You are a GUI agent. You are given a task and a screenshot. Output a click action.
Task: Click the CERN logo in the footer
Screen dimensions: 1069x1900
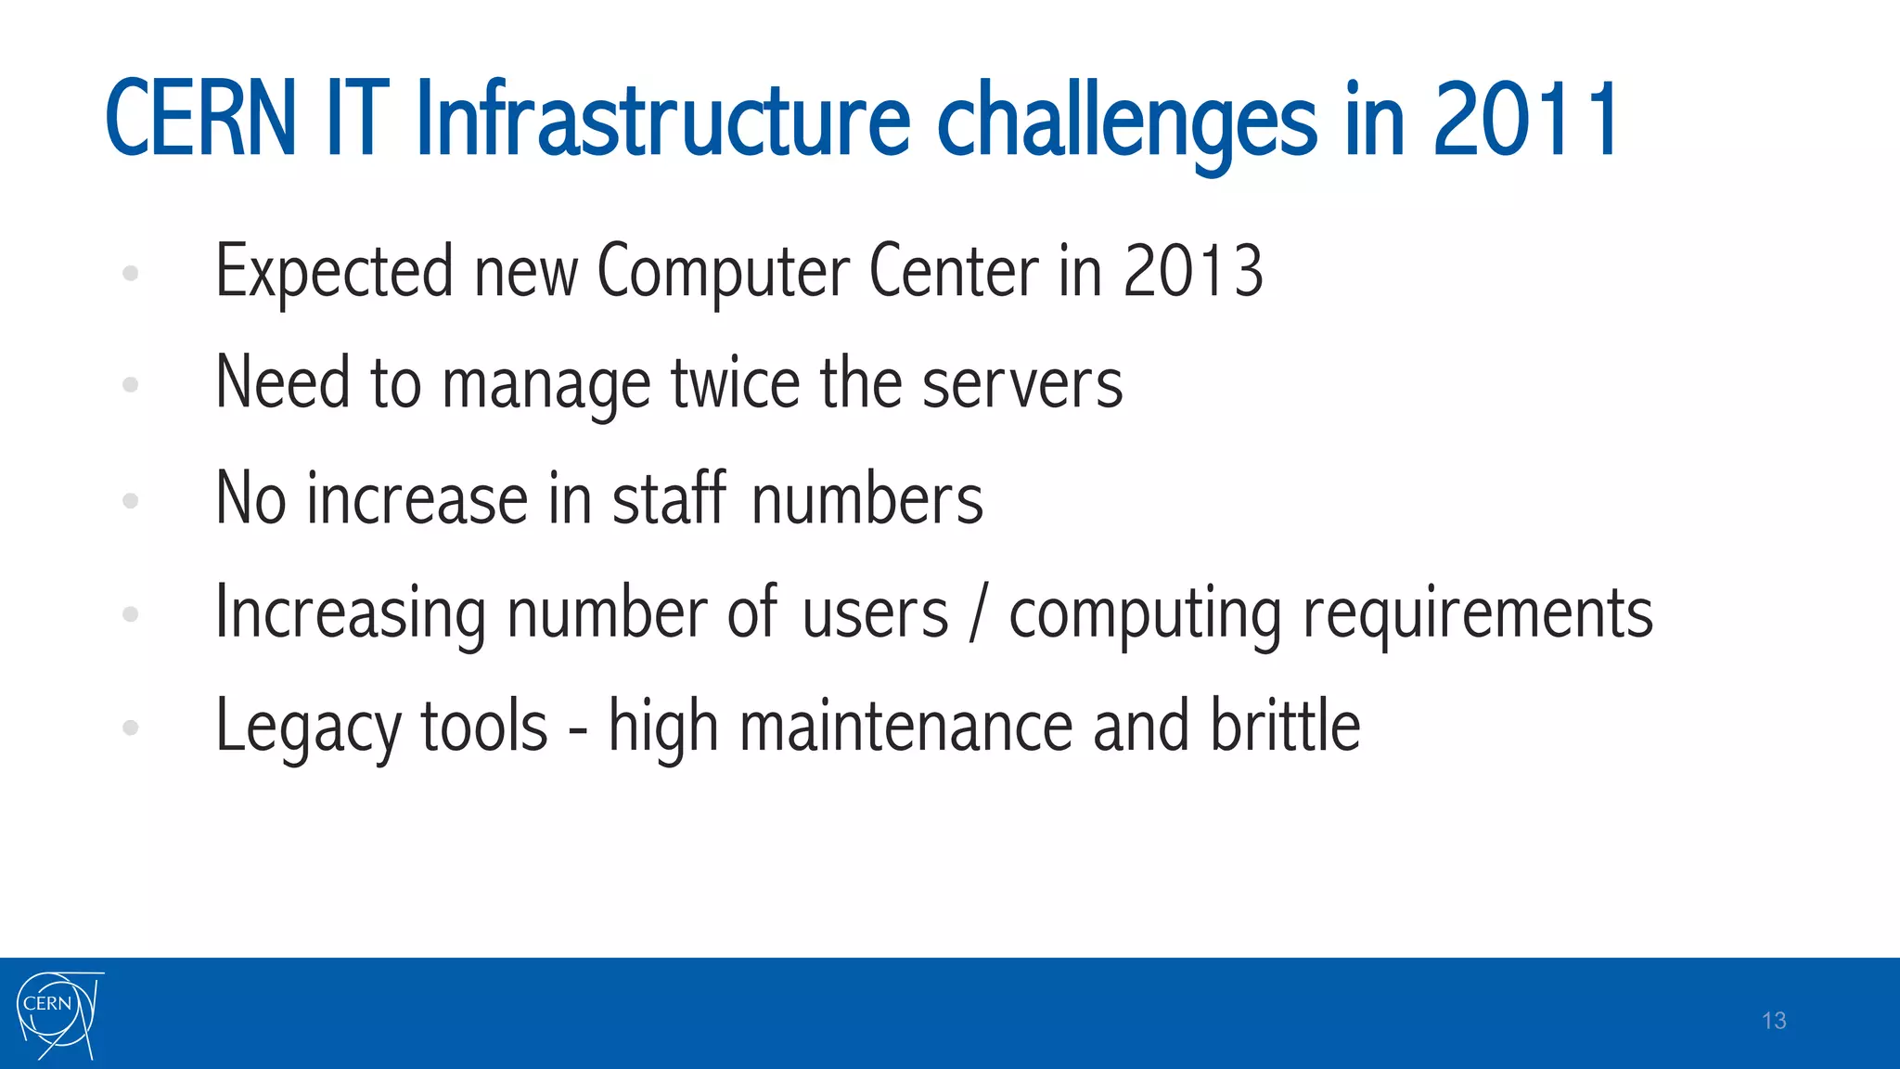point(58,1014)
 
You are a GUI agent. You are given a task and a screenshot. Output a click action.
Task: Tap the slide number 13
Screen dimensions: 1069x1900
point(1773,1021)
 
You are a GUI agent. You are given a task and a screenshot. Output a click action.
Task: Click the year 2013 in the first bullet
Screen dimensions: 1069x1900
point(1192,271)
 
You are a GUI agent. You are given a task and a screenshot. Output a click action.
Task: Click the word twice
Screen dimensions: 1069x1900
point(735,383)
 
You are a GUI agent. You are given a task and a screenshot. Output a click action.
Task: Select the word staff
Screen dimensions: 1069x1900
point(669,498)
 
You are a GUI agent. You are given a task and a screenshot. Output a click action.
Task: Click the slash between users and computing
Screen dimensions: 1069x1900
point(977,612)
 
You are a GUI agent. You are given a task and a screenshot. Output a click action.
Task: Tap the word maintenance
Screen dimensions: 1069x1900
point(905,727)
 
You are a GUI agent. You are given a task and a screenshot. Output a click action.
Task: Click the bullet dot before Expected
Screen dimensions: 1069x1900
point(131,273)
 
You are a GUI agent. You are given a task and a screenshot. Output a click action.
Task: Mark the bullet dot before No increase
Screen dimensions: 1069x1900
point(131,501)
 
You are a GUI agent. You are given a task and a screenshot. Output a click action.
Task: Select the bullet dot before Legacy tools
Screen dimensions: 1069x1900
point(131,728)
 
